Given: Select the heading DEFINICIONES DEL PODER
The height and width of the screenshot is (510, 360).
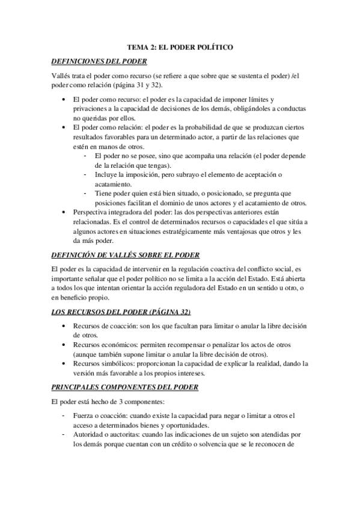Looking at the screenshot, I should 99,61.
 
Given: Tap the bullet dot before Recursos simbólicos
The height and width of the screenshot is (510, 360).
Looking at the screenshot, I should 64,364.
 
